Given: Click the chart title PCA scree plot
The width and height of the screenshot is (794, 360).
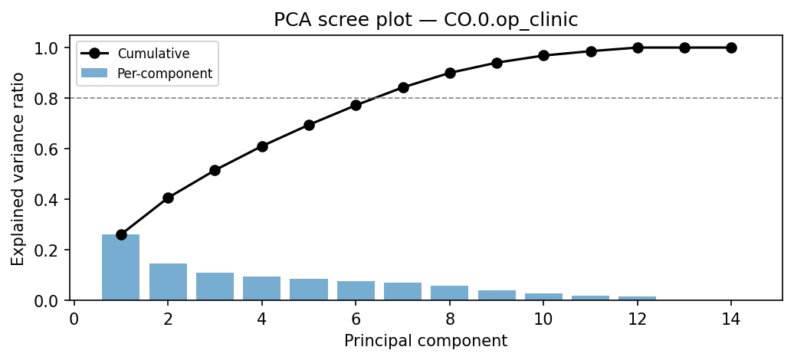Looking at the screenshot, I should click(425, 20).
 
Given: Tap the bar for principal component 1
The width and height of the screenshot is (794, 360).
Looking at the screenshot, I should click(121, 267).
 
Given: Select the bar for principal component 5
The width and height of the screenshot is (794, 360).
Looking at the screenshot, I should click(309, 290).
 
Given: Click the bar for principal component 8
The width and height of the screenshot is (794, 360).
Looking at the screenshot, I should click(450, 293).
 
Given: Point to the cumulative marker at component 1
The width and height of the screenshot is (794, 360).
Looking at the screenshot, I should click(121, 234).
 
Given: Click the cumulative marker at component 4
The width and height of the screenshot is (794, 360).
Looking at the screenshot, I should click(262, 146).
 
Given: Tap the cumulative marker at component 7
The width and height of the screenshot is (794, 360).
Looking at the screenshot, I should click(403, 87).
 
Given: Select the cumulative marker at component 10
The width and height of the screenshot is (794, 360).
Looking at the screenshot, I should click(543, 56).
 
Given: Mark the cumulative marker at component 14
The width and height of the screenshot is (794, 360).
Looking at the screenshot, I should click(731, 47).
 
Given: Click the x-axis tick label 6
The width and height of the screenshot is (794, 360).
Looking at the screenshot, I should click(356, 319).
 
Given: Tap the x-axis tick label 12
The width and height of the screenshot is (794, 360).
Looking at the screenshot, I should click(638, 319).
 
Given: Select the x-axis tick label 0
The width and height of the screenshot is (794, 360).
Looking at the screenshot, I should click(74, 319).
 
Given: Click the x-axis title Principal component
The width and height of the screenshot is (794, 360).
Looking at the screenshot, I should click(425, 341).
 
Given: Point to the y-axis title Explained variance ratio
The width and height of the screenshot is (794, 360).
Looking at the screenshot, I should click(18, 169).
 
